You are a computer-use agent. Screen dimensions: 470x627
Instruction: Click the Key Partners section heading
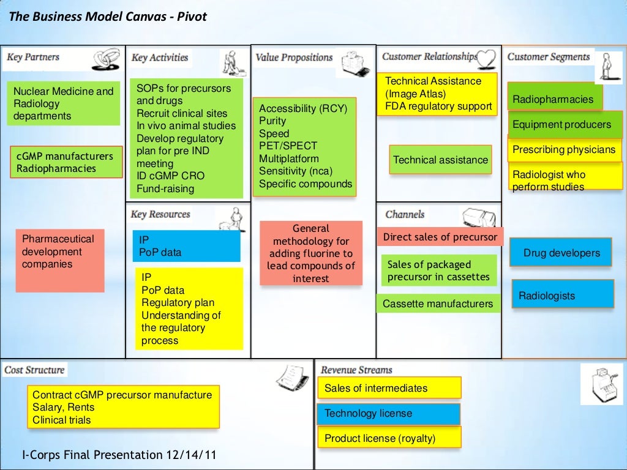(x=33, y=58)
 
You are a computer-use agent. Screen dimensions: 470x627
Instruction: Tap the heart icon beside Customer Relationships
(x=487, y=58)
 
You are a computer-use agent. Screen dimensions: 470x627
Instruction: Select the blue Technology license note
(x=388, y=414)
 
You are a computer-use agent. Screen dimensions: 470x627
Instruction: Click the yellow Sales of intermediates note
(x=388, y=388)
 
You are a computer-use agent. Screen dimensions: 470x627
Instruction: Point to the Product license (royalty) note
(x=388, y=438)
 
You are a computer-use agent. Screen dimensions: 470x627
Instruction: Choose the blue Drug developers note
(x=561, y=253)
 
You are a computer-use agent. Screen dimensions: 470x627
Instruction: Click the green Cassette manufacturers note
(x=438, y=304)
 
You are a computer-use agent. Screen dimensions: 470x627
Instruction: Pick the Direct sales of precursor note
(x=440, y=237)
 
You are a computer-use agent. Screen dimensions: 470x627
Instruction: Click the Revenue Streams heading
(x=356, y=370)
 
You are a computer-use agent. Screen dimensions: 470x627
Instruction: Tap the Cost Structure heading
(x=34, y=370)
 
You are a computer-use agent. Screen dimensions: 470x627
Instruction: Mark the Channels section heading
(x=405, y=214)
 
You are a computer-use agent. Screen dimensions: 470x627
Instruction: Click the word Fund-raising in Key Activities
(x=165, y=188)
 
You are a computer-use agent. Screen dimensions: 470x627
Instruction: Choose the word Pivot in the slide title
(x=192, y=17)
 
